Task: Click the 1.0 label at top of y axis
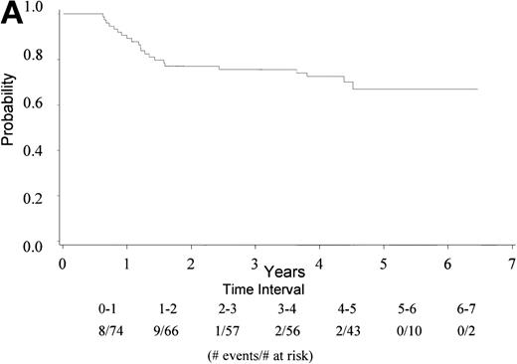[37, 9]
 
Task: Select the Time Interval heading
[284, 285]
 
